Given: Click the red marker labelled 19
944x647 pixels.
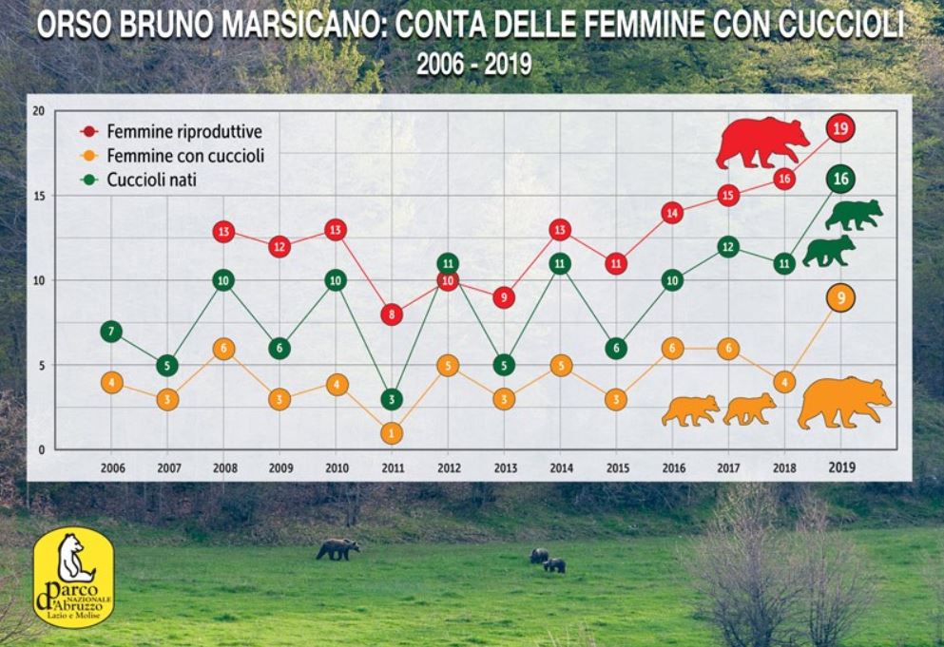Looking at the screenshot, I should (840, 127).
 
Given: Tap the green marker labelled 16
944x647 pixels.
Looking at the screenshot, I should (840, 179).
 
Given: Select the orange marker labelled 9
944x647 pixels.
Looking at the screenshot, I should (840, 298).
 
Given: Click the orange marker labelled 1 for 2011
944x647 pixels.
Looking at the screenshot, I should (392, 433).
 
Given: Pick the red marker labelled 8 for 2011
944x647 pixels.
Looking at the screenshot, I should (392, 314).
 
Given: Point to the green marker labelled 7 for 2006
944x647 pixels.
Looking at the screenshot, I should (112, 332).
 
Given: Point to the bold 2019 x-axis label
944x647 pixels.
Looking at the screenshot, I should (840, 466).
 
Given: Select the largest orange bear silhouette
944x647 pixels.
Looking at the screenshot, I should (843, 401).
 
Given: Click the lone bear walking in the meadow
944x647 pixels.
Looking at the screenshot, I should (337, 548).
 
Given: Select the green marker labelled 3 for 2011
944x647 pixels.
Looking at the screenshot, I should (392, 399).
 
